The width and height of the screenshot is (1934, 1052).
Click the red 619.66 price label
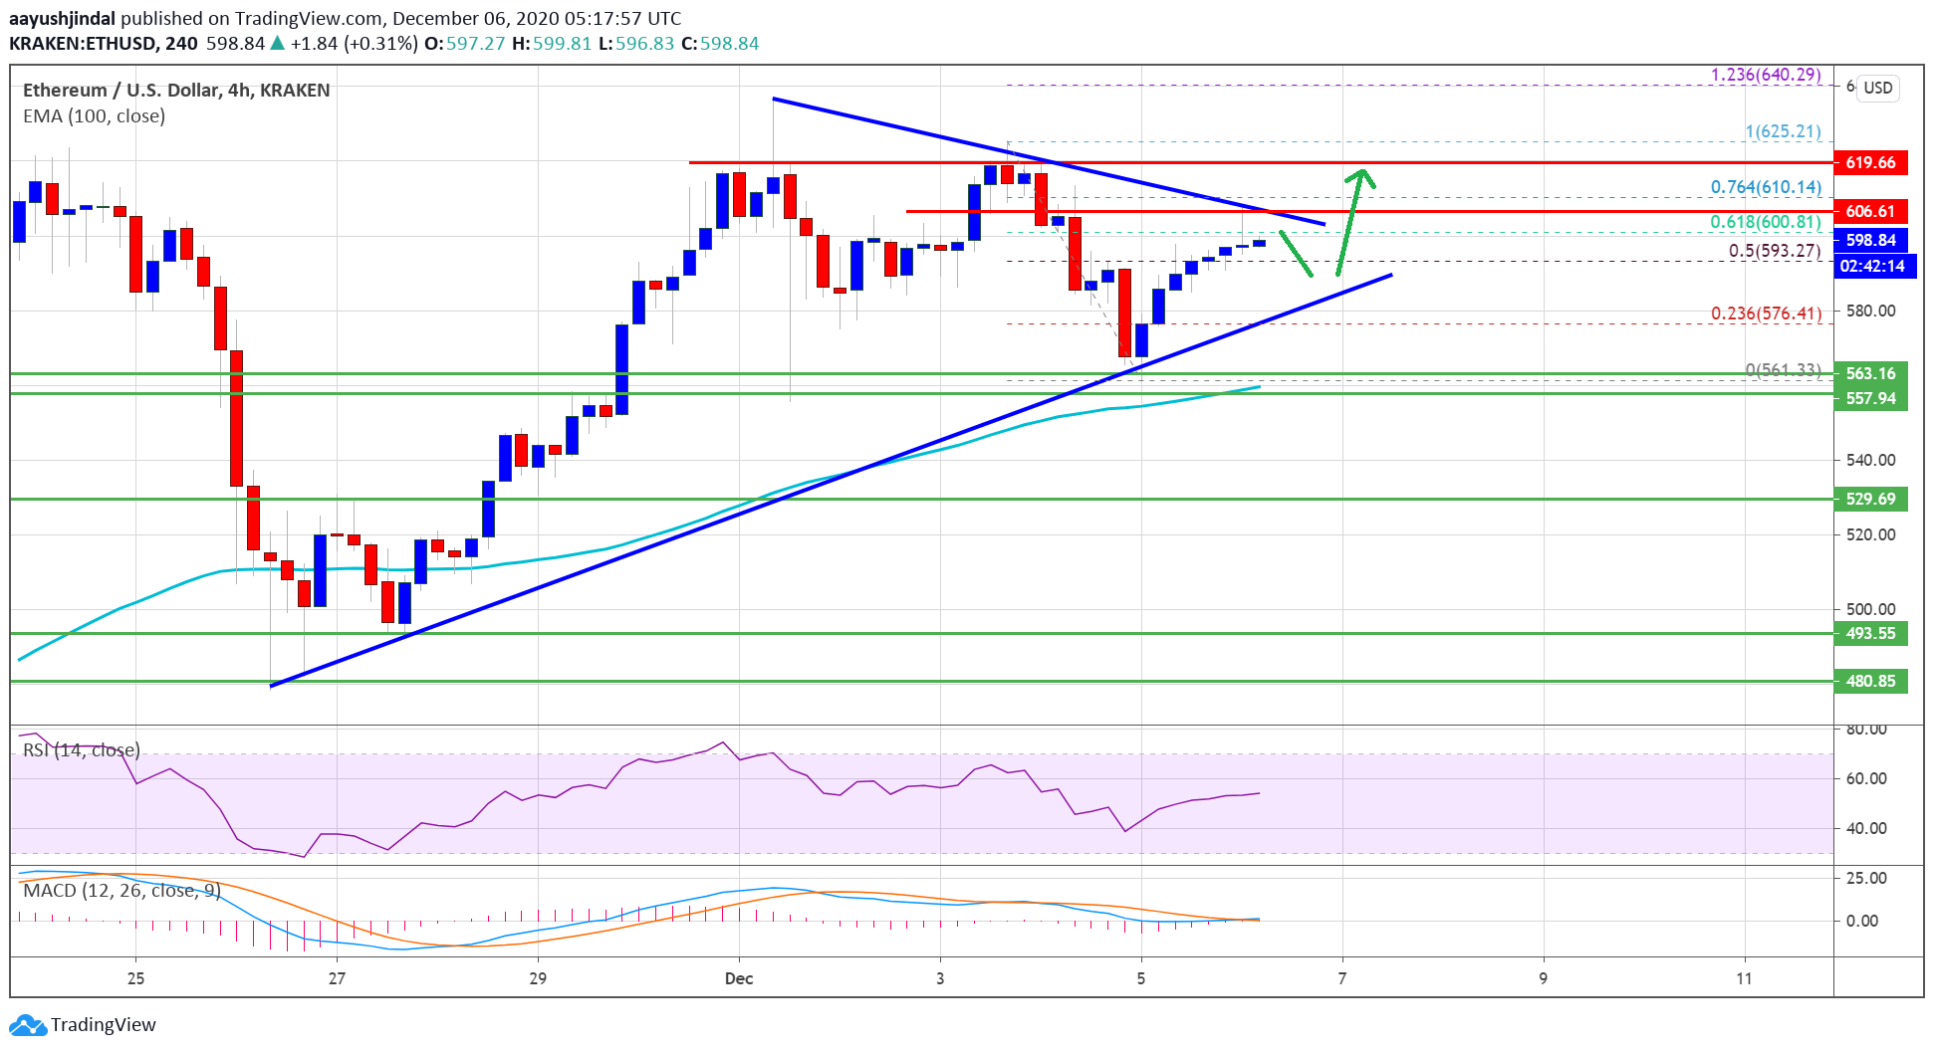point(1870,162)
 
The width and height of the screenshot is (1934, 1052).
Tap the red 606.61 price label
point(1870,211)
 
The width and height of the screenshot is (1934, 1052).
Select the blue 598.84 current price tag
point(1870,240)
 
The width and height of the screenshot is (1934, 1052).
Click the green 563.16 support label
point(1870,373)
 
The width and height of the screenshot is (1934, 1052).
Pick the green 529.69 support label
point(1870,499)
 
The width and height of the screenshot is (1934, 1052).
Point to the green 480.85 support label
point(1870,681)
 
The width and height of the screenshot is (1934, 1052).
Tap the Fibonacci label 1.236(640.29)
point(1766,75)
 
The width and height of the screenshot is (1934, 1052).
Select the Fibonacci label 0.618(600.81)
point(1766,222)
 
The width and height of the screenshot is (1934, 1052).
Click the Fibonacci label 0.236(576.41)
point(1766,314)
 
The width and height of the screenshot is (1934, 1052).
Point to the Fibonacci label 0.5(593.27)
point(1775,251)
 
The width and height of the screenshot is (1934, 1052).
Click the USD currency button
point(1877,88)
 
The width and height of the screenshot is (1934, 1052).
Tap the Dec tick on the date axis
point(739,978)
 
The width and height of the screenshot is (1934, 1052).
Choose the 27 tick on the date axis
point(338,978)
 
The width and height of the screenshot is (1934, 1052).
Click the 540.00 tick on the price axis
point(1870,460)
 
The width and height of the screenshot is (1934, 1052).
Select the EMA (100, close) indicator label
point(94,115)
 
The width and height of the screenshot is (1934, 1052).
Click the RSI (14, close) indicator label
point(82,749)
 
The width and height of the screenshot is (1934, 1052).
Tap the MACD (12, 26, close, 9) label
point(121,890)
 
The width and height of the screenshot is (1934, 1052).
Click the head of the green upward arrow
point(1362,175)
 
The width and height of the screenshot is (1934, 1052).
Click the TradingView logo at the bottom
point(84,1024)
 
